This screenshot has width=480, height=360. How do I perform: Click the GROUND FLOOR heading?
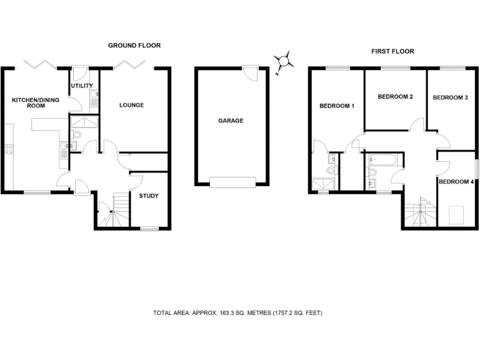click(x=134, y=46)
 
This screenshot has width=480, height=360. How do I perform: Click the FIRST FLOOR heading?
click(x=392, y=51)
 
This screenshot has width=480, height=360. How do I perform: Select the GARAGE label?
click(x=231, y=121)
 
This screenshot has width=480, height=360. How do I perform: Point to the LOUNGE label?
click(x=132, y=105)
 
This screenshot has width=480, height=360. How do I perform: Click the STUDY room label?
click(x=149, y=196)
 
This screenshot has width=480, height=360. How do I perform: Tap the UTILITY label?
click(x=83, y=86)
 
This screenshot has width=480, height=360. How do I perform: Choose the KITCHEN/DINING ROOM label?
click(x=29, y=102)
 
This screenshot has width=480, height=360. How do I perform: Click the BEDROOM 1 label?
click(x=337, y=106)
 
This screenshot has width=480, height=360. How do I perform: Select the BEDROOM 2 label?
click(x=396, y=97)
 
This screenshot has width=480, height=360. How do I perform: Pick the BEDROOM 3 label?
click(x=450, y=97)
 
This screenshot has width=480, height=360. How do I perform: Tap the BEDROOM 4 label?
click(x=456, y=182)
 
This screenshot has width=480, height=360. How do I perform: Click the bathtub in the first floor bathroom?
click(x=381, y=160)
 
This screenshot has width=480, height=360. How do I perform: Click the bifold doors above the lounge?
click(x=132, y=64)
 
